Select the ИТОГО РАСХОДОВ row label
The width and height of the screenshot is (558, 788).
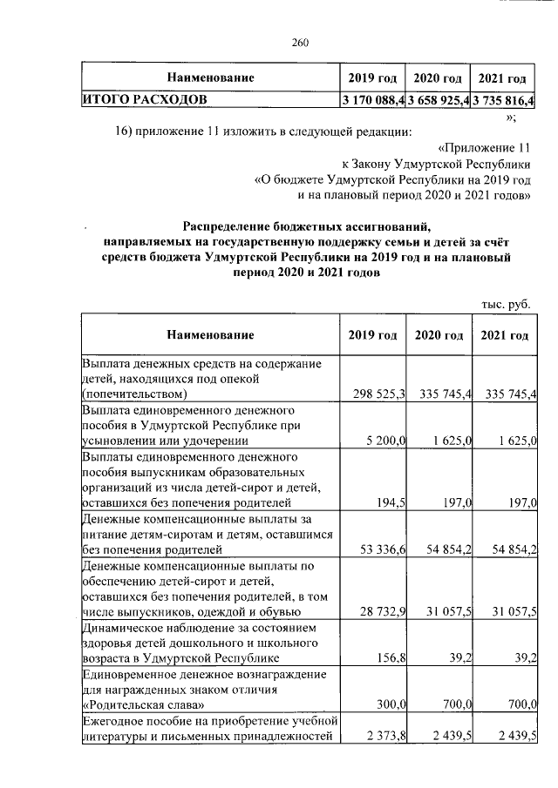click(145, 99)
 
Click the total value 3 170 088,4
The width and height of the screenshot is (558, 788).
click(373, 100)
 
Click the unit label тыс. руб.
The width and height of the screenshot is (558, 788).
click(506, 304)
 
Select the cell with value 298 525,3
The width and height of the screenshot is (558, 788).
click(377, 394)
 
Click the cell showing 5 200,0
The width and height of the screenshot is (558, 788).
click(386, 441)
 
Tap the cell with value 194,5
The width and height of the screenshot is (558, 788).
click(391, 503)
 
